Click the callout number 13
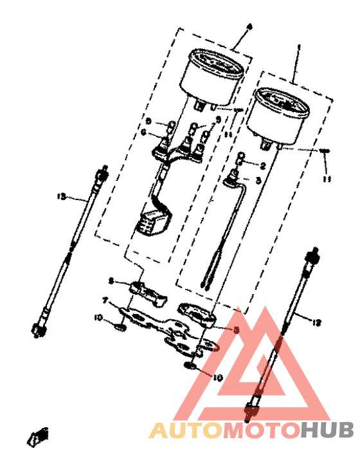click(x=62, y=197)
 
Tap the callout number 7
click(x=105, y=300)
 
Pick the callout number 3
click(x=258, y=181)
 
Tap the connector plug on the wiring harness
click(x=152, y=222)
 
